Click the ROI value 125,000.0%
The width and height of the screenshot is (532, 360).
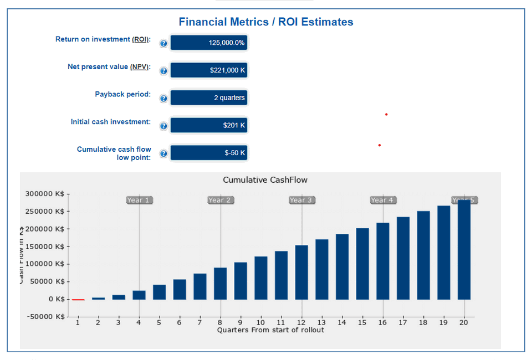click(208, 43)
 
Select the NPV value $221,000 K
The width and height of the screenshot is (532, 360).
click(208, 70)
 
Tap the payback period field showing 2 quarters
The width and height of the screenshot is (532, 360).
click(208, 97)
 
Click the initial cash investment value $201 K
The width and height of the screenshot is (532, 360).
click(208, 125)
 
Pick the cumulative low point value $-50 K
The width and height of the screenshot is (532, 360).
click(208, 153)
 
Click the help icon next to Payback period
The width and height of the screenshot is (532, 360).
click(163, 99)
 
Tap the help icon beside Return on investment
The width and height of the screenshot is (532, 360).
click(163, 44)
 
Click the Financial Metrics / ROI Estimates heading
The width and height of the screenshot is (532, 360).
click(265, 22)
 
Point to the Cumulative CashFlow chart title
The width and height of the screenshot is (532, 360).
click(265, 180)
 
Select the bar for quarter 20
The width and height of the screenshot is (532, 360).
click(464, 249)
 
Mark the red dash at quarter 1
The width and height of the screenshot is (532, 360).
click(78, 300)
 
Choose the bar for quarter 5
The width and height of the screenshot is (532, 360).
click(159, 292)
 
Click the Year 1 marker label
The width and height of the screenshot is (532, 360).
click(139, 200)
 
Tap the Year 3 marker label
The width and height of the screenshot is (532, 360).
click(301, 200)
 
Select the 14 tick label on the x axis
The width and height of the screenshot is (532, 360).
click(341, 322)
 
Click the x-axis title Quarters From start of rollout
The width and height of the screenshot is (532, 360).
click(270, 330)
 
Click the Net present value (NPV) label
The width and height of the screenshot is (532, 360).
click(109, 67)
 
